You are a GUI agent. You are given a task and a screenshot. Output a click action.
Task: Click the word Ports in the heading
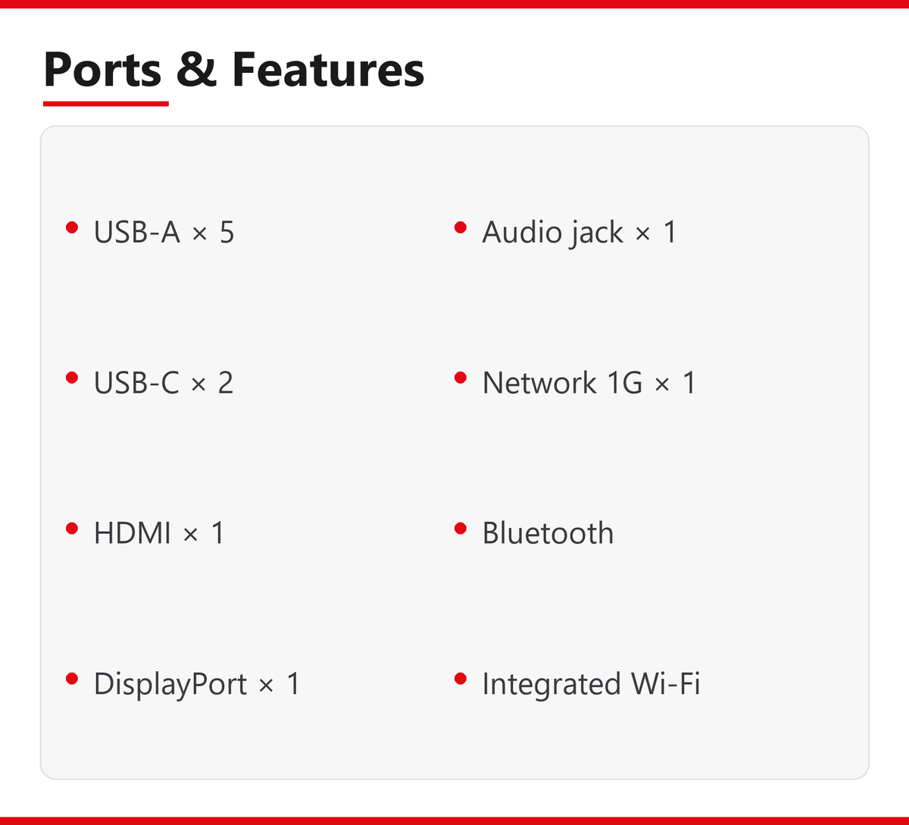click(102, 70)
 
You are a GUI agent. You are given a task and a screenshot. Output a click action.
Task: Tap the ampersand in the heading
click(196, 69)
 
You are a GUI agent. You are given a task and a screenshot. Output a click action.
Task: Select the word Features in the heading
click(328, 69)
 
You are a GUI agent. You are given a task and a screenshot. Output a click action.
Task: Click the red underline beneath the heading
click(106, 104)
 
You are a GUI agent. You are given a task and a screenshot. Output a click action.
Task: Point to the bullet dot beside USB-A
click(72, 227)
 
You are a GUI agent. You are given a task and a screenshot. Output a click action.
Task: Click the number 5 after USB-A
click(227, 232)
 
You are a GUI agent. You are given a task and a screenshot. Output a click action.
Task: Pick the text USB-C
click(136, 383)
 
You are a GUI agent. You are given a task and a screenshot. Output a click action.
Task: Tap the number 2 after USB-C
click(226, 383)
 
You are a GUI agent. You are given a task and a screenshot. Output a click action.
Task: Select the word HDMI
click(133, 533)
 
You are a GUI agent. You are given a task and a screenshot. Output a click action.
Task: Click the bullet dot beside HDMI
click(72, 529)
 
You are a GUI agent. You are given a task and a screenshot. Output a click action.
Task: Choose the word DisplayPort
click(170, 684)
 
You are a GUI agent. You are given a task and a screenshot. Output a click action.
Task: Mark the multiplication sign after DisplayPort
click(267, 685)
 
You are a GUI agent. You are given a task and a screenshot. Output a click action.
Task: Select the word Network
click(539, 382)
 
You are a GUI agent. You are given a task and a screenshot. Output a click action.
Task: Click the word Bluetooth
click(548, 532)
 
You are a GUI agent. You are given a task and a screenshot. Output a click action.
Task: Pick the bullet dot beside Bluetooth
click(461, 529)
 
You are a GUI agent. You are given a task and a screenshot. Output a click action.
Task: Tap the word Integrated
click(551, 684)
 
